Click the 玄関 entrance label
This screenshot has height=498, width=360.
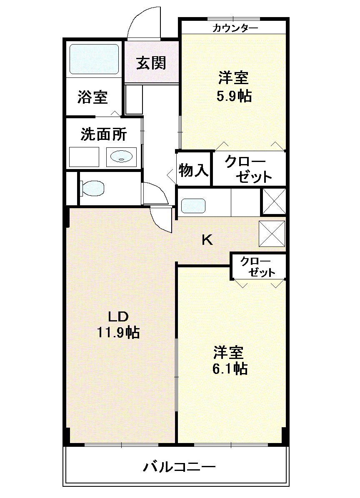tap(151, 63)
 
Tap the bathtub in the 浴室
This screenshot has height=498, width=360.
tap(94, 59)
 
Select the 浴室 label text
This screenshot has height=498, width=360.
tap(92, 97)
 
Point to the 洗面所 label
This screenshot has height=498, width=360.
tap(104, 134)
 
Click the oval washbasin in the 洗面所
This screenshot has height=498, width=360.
tap(121, 156)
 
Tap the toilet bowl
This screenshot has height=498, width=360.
tap(92, 188)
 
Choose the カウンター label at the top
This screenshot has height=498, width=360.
tap(235, 28)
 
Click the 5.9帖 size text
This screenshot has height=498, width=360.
tap(234, 96)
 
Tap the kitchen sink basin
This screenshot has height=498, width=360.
tap(193, 206)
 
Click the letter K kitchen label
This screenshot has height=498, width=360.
tap(207, 240)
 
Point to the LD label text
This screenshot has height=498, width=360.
tap(118, 316)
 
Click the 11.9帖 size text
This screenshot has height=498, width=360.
tap(118, 332)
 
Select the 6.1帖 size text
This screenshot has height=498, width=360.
tap(230, 369)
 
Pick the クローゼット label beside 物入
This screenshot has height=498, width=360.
tap(249, 169)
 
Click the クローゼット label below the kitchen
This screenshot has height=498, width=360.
tap(258, 267)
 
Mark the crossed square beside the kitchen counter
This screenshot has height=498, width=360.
tap(274, 202)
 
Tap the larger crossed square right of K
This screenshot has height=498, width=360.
tap(272, 234)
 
